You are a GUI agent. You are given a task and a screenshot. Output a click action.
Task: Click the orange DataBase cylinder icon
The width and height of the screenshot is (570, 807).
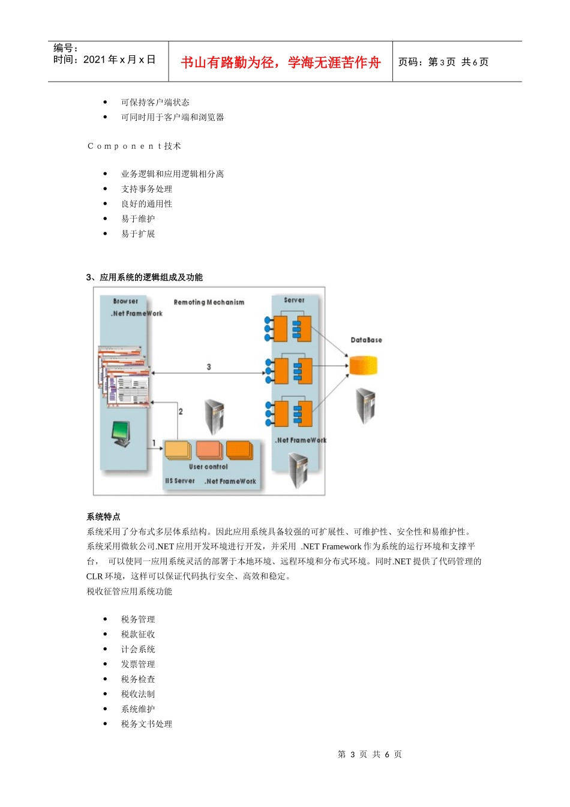(364, 365)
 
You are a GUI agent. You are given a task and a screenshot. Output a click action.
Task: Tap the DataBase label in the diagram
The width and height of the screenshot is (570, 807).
(366, 340)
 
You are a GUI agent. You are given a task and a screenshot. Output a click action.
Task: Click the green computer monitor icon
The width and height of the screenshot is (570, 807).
(121, 434)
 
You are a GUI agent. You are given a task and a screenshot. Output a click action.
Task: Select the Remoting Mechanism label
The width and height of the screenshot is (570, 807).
(209, 302)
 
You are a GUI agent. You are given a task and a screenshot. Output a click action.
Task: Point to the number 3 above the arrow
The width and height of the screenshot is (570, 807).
(209, 366)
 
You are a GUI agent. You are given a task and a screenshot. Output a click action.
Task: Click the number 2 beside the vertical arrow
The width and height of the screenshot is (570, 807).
(181, 411)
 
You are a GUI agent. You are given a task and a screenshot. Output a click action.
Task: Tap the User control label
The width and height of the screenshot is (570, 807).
(208, 467)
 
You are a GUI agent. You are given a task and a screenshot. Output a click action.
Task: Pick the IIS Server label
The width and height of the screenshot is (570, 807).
(180, 481)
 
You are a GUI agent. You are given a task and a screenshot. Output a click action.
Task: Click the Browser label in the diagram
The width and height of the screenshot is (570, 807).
(125, 301)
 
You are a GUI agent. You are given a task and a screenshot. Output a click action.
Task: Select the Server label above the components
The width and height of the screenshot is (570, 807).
(294, 300)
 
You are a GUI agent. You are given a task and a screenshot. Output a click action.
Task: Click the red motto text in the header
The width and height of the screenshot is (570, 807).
(281, 62)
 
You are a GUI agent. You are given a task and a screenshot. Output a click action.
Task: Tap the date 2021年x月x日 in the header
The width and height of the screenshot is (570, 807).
(119, 59)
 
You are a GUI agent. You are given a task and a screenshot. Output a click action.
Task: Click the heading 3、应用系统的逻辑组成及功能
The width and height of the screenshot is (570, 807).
(145, 277)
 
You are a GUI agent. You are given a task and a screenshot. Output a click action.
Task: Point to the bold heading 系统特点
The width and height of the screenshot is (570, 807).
(103, 516)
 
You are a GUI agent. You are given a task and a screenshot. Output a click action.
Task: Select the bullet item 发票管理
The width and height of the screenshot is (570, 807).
(138, 664)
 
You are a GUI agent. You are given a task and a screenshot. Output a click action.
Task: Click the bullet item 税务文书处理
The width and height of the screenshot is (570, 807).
(146, 724)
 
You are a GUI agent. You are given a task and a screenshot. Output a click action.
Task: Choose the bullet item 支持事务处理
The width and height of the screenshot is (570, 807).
(146, 189)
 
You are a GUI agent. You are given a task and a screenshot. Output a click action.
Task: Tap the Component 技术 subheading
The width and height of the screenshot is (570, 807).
(134, 146)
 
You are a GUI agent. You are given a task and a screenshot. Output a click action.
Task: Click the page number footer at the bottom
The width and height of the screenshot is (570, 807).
(370, 754)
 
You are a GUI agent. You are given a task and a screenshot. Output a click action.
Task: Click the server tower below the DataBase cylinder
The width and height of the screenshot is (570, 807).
(365, 406)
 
